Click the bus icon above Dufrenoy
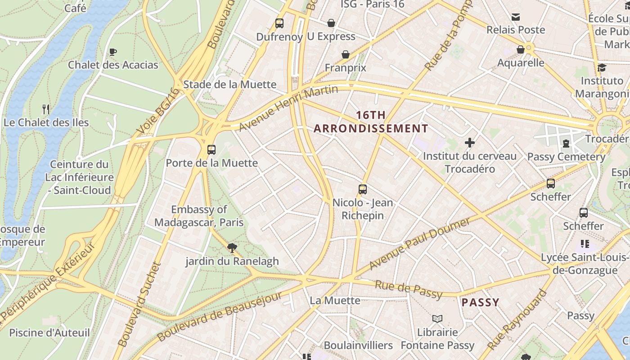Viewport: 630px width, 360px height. [x=279, y=23]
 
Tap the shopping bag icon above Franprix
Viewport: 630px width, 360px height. [x=346, y=54]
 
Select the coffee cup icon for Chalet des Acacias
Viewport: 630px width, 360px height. [x=113, y=52]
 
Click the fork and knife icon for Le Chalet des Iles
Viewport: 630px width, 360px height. [x=45, y=109]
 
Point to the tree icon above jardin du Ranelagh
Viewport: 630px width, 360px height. [x=232, y=247]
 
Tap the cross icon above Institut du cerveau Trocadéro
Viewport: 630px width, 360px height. [x=470, y=143]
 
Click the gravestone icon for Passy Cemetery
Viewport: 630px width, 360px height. [x=566, y=144]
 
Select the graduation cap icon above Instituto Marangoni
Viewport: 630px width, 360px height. [x=602, y=68]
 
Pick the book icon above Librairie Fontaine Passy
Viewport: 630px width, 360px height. [x=437, y=319]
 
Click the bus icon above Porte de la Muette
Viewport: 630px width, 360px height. [x=211, y=149]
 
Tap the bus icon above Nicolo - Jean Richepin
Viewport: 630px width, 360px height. [x=363, y=189]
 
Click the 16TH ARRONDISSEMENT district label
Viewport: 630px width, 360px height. [x=371, y=122]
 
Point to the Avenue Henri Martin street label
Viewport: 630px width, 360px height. [x=288, y=108]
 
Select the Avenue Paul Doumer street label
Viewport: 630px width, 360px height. [x=419, y=243]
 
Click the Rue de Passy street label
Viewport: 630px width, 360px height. [x=409, y=289]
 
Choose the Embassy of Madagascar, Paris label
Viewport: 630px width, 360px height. [x=199, y=216]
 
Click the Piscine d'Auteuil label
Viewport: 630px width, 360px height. [x=49, y=333]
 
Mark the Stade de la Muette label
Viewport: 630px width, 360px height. [x=229, y=85]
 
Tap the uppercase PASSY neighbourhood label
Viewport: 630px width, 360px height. [x=481, y=302]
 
